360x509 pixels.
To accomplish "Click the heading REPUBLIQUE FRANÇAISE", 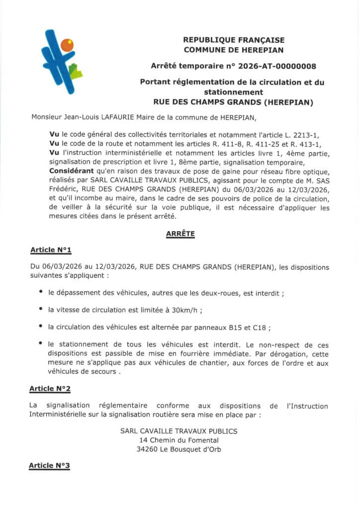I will [234, 40].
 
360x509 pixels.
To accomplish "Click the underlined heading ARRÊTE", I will [180, 233].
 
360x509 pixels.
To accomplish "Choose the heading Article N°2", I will [50, 388].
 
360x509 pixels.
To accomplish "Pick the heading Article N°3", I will [49, 465].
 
